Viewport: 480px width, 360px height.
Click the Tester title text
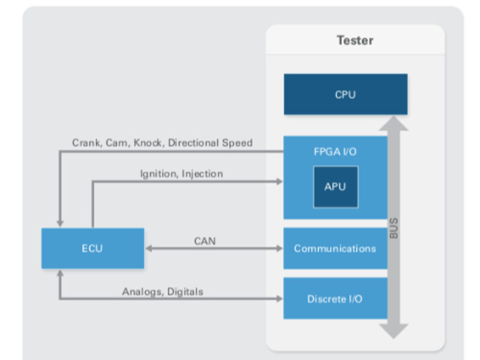tap(355, 41)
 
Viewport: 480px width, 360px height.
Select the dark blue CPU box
tap(345, 94)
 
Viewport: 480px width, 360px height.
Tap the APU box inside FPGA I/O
tap(335, 187)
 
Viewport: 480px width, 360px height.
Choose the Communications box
tap(335, 248)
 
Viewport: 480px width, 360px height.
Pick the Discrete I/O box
tap(335, 298)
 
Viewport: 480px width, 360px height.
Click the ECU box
tap(92, 248)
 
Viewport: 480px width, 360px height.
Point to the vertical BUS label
tap(394, 228)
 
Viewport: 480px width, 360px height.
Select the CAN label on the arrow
tap(205, 241)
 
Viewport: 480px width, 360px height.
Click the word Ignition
tap(158, 174)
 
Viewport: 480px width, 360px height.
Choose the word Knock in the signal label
tap(148, 143)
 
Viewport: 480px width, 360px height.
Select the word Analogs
tap(142, 292)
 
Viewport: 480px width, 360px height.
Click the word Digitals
tap(185, 292)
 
